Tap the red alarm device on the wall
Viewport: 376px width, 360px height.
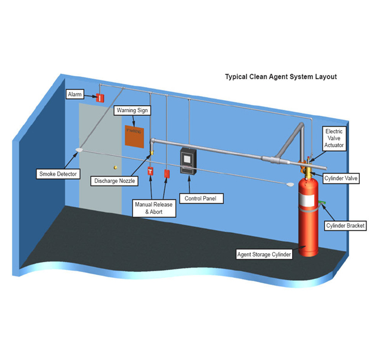coord(100,97)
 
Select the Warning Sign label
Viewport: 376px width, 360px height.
coord(131,110)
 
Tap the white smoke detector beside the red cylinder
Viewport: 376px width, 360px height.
coord(291,184)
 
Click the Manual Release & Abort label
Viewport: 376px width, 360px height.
coord(154,208)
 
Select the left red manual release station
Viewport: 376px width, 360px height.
coord(150,172)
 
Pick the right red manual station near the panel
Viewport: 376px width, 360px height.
coord(167,172)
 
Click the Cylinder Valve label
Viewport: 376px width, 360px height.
coord(342,178)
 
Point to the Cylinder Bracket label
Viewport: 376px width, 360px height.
coord(345,226)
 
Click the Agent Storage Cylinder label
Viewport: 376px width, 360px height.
coord(264,254)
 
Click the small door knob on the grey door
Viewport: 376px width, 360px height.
coord(115,168)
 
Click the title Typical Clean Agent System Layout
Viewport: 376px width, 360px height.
coord(281,77)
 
